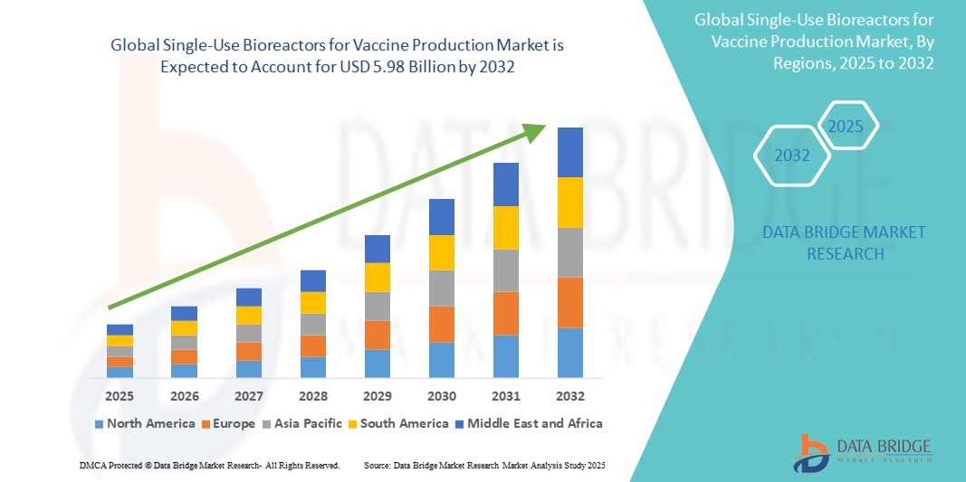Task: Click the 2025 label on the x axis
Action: tap(120, 396)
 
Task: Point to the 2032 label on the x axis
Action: tap(569, 396)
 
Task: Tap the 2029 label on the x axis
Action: tap(377, 396)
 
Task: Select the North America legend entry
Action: tap(144, 423)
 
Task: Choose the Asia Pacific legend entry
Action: tap(303, 423)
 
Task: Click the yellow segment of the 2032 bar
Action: tap(569, 203)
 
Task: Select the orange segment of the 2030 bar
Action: tap(441, 324)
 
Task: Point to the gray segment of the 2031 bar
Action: tap(505, 270)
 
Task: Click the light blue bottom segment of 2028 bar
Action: tap(312, 366)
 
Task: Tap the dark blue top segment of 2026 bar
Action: tap(184, 313)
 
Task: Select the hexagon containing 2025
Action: tap(846, 126)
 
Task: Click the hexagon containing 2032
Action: tap(791, 156)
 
